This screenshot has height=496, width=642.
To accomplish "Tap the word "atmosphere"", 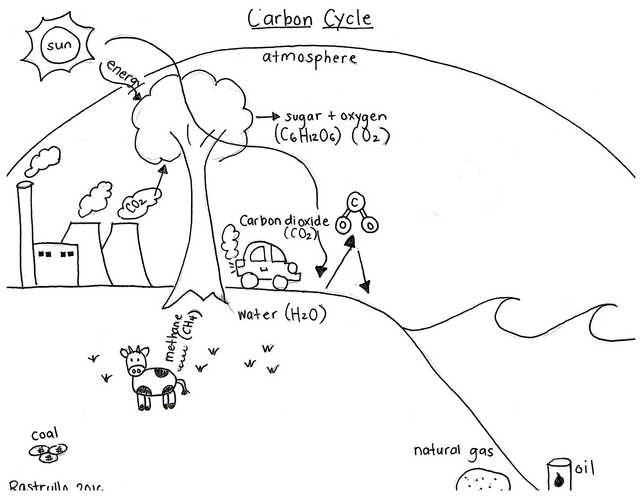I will [x=310, y=58].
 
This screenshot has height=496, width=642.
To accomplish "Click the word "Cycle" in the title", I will [x=347, y=18].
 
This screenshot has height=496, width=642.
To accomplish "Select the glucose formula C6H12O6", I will [x=308, y=135].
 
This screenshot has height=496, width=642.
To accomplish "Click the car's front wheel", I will [x=282, y=281].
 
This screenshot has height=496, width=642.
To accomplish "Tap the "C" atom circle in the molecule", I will [x=354, y=203].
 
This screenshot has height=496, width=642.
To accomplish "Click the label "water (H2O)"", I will [x=281, y=314].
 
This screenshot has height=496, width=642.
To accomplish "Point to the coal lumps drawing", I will [x=48, y=452].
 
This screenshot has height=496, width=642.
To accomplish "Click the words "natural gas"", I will [x=453, y=451].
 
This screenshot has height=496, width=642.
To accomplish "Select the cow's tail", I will [x=183, y=386].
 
